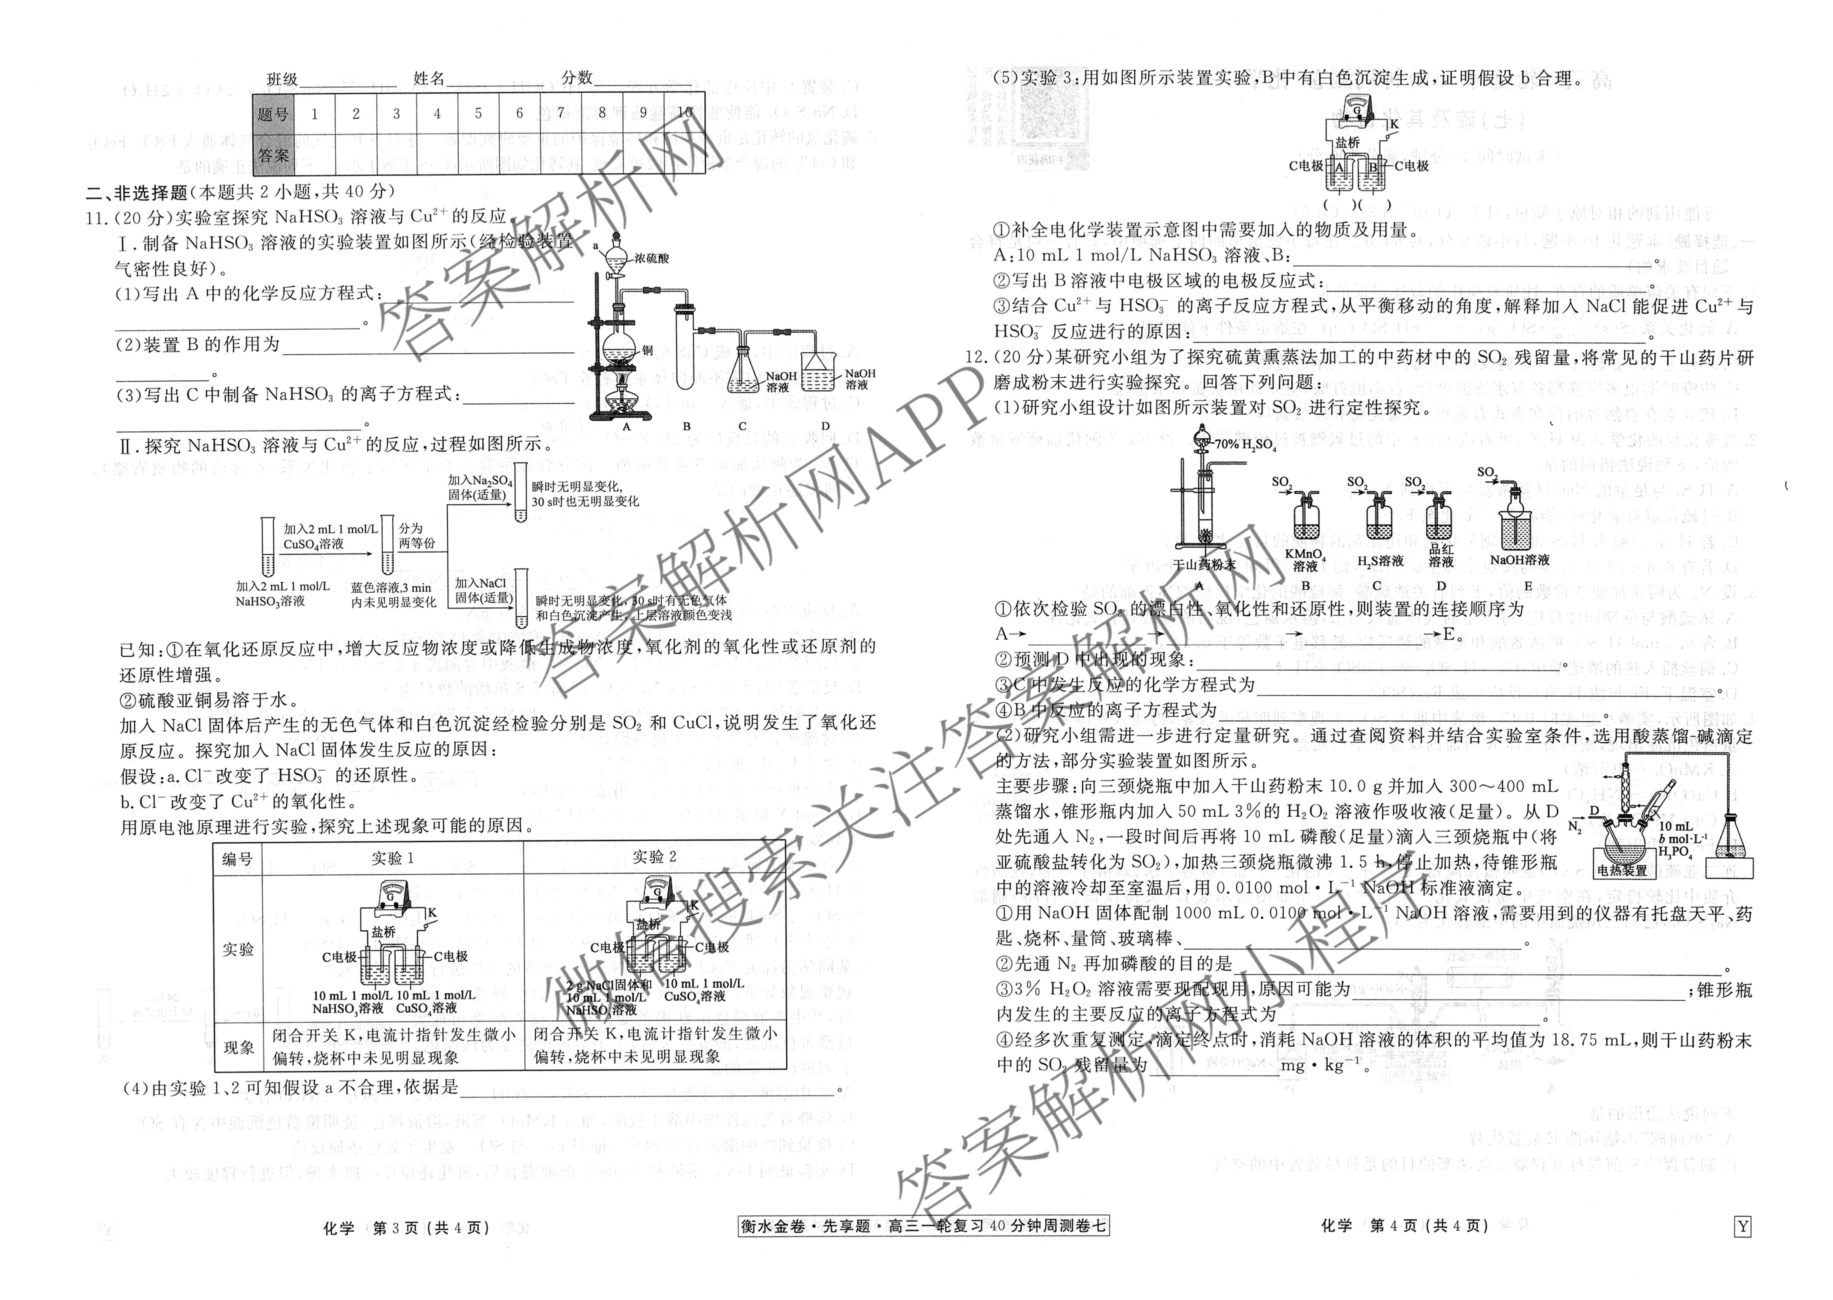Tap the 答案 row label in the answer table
(273, 155)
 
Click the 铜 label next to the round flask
(647, 350)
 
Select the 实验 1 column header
(392, 858)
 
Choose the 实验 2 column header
(654, 857)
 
